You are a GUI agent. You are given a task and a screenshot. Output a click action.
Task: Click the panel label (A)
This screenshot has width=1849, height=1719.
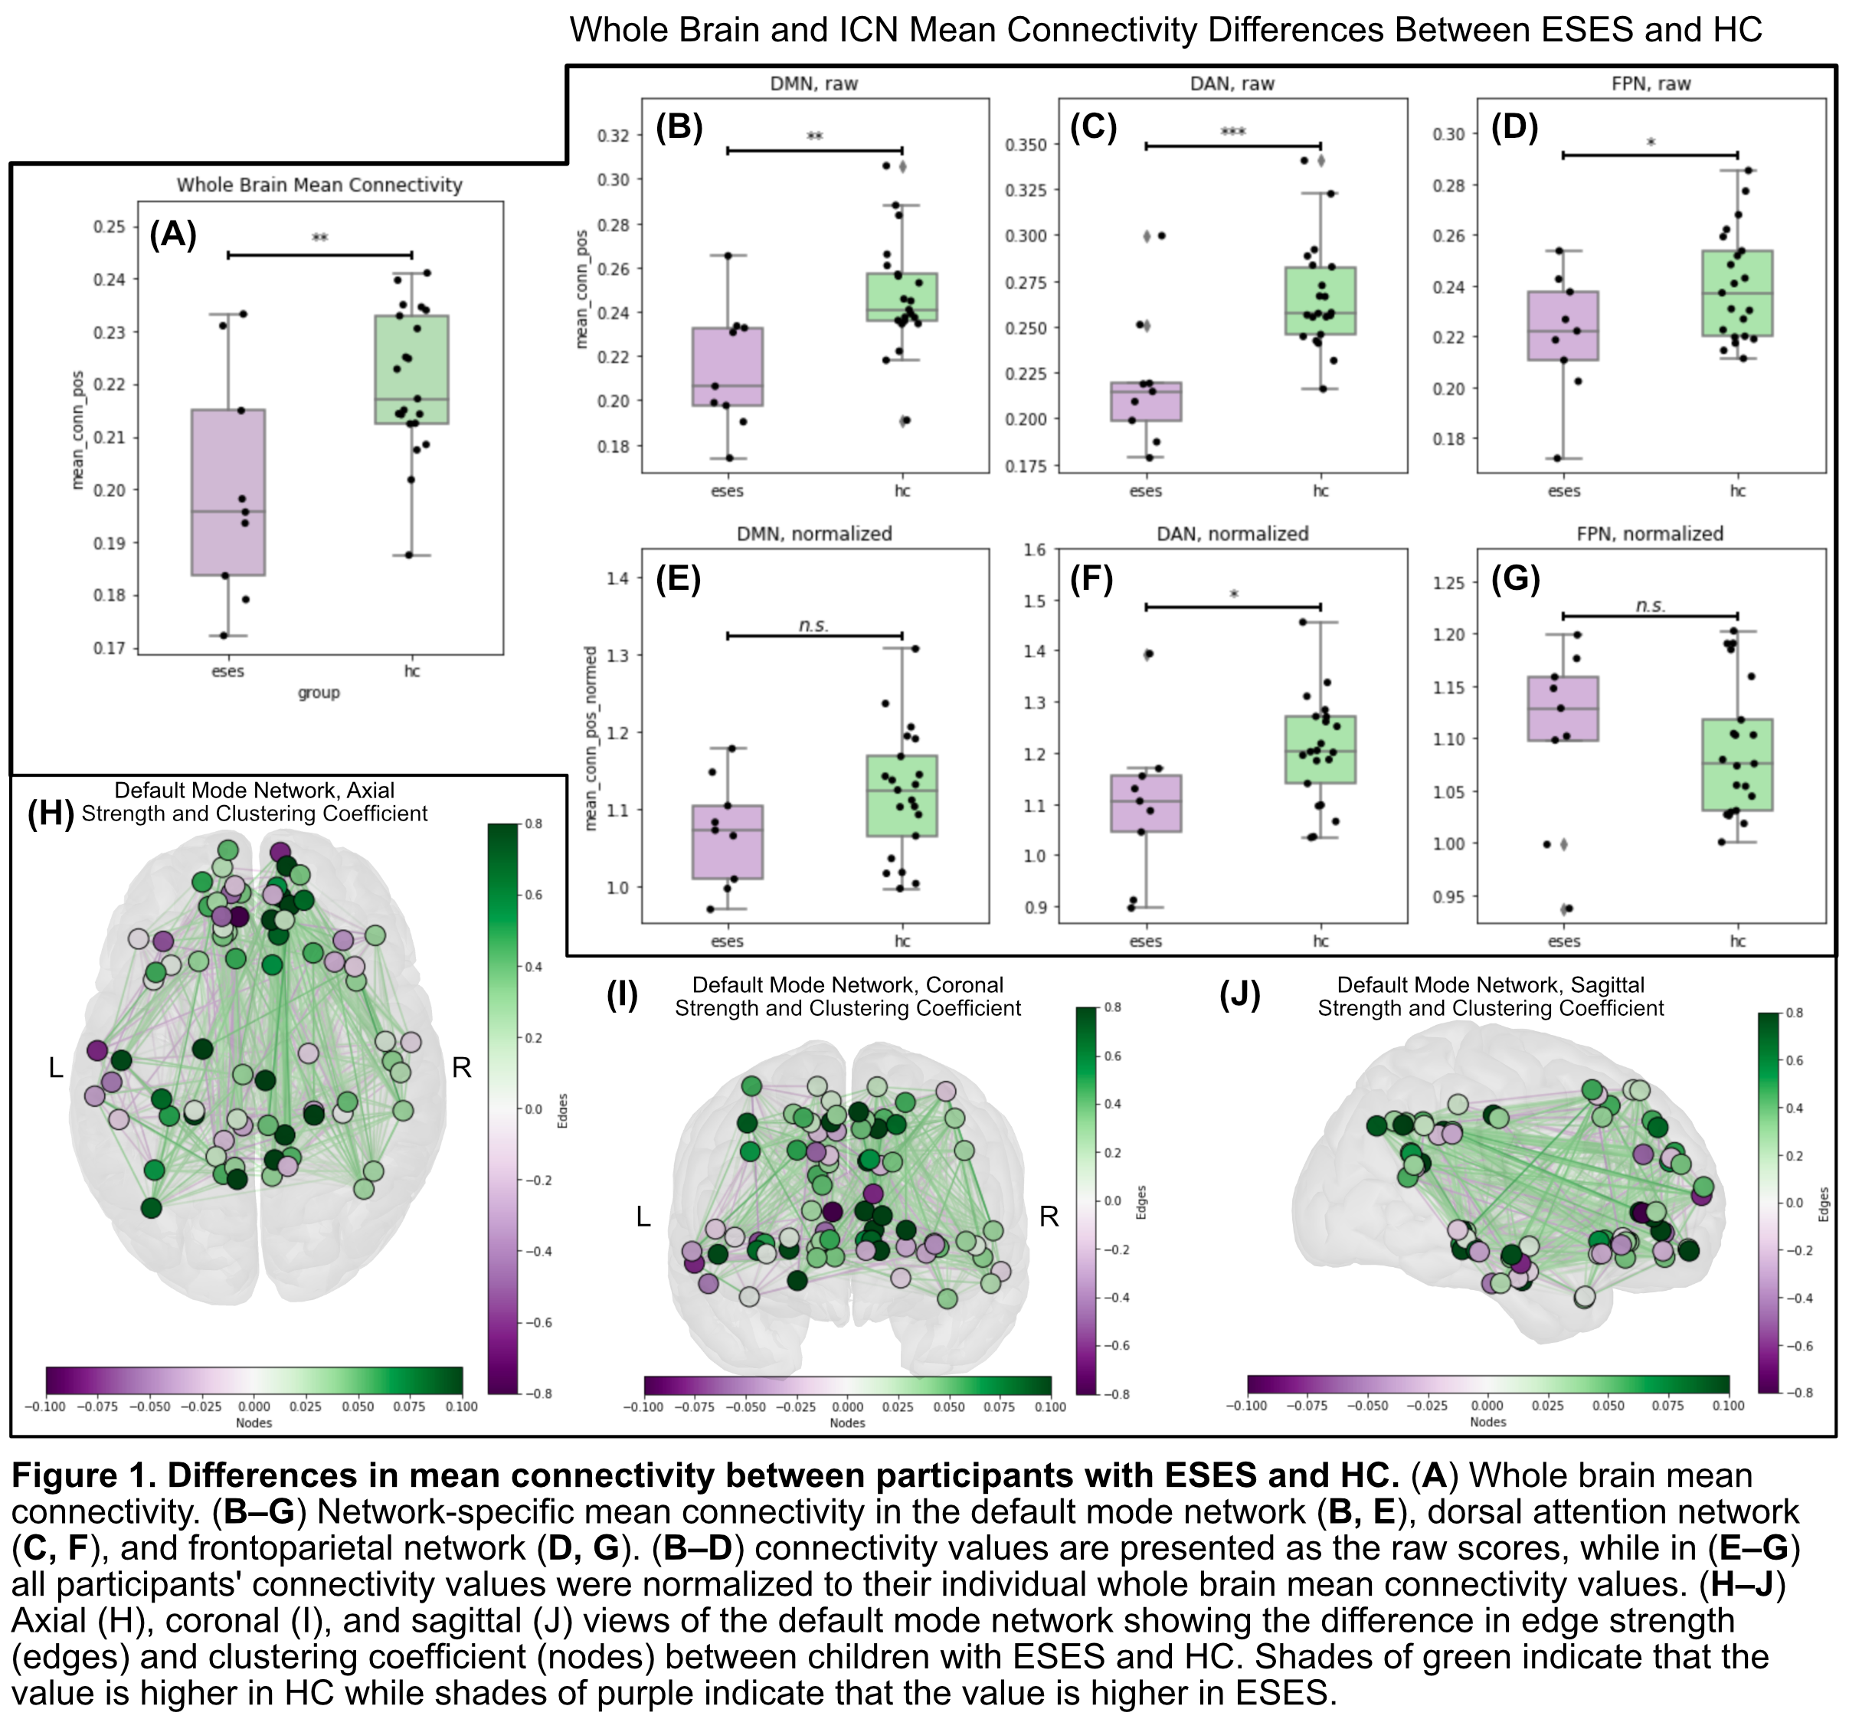(x=173, y=234)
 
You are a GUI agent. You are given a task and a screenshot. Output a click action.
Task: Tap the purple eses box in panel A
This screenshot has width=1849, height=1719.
(x=228, y=492)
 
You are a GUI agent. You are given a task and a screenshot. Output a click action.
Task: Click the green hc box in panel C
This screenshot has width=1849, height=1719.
(x=1320, y=300)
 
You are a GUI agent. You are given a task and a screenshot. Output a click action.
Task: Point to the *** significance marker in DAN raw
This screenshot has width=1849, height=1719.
(x=1232, y=132)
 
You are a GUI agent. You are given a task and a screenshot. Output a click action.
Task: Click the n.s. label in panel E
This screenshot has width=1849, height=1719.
(x=813, y=625)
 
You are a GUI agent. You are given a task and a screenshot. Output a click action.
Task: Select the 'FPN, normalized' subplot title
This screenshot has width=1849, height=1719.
(x=1650, y=534)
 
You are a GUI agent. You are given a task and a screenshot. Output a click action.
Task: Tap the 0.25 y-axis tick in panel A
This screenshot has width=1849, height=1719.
(x=109, y=227)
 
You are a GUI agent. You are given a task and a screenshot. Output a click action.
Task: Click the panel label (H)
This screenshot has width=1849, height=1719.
(x=51, y=813)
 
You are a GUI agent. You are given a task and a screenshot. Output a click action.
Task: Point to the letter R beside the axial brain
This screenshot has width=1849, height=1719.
(x=461, y=1068)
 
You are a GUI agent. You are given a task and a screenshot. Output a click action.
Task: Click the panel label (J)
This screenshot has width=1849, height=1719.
(x=1240, y=995)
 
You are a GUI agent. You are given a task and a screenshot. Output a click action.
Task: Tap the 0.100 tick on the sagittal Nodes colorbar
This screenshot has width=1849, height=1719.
(x=1728, y=1406)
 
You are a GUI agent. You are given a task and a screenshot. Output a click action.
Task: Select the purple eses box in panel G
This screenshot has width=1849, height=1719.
(x=1563, y=709)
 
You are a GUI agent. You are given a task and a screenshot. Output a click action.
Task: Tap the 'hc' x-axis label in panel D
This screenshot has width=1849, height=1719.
(x=1737, y=491)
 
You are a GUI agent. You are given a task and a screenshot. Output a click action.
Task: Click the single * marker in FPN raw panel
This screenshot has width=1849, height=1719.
(x=1651, y=142)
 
